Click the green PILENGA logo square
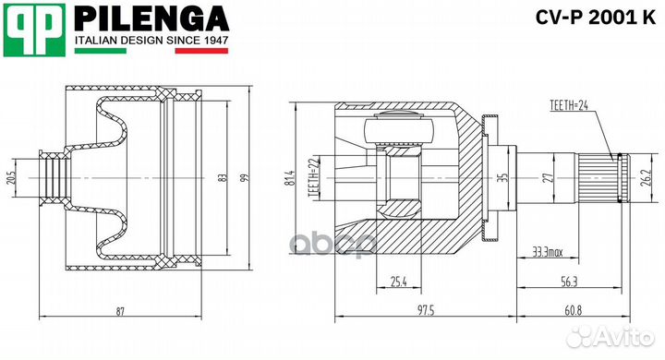point(35,30)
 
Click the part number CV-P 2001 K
point(596,18)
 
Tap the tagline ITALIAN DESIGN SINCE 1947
point(151,41)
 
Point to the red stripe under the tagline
point(201,51)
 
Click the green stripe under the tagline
point(101,51)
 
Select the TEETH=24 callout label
point(569,105)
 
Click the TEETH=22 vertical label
point(312,178)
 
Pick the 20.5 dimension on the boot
point(11,177)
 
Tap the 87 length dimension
point(120,312)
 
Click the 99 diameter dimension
point(245,177)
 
